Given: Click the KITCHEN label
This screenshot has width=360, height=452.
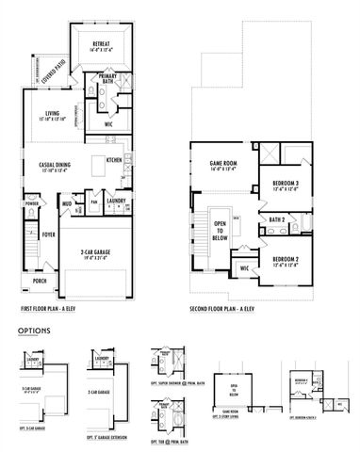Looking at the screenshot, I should [114, 159].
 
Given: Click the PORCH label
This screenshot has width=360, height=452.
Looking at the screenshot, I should [40, 280].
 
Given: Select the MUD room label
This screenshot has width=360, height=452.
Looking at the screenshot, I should [68, 202].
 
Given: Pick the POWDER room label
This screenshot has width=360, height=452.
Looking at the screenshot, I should [32, 202].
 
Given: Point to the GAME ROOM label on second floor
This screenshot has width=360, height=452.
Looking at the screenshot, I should [223, 165].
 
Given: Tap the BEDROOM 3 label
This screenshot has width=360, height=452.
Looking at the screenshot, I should [286, 183].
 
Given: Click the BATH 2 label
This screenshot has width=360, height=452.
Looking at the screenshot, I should [277, 219].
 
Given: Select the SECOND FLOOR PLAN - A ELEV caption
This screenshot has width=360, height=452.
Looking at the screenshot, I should [230, 308].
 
